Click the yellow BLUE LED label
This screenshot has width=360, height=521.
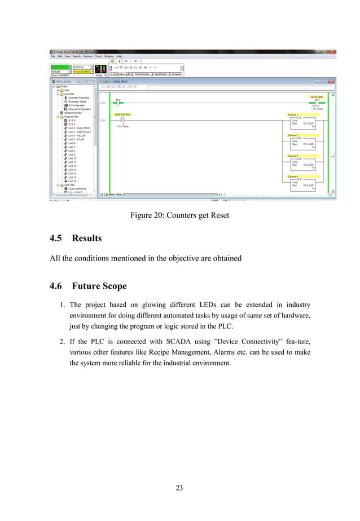pos(317,98)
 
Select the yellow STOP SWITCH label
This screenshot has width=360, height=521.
pos(122,114)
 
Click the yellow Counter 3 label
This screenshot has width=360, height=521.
pos(293,156)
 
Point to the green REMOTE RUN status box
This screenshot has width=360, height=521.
pos(58,67)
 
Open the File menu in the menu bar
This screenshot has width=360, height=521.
pos(53,56)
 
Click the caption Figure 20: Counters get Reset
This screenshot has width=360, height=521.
pos(179,215)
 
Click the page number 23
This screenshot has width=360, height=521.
pos(179,488)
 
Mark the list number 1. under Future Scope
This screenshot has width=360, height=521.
pos(62,305)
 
